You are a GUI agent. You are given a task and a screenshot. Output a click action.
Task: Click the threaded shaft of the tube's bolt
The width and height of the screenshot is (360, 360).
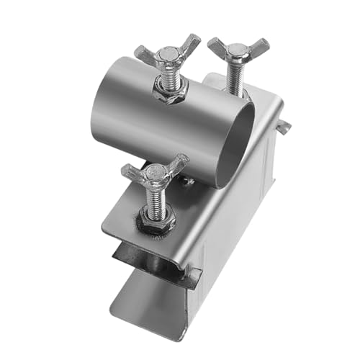[x=169, y=73]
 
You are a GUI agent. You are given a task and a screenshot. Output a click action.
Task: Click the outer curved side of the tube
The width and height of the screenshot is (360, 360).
[x=144, y=122]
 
